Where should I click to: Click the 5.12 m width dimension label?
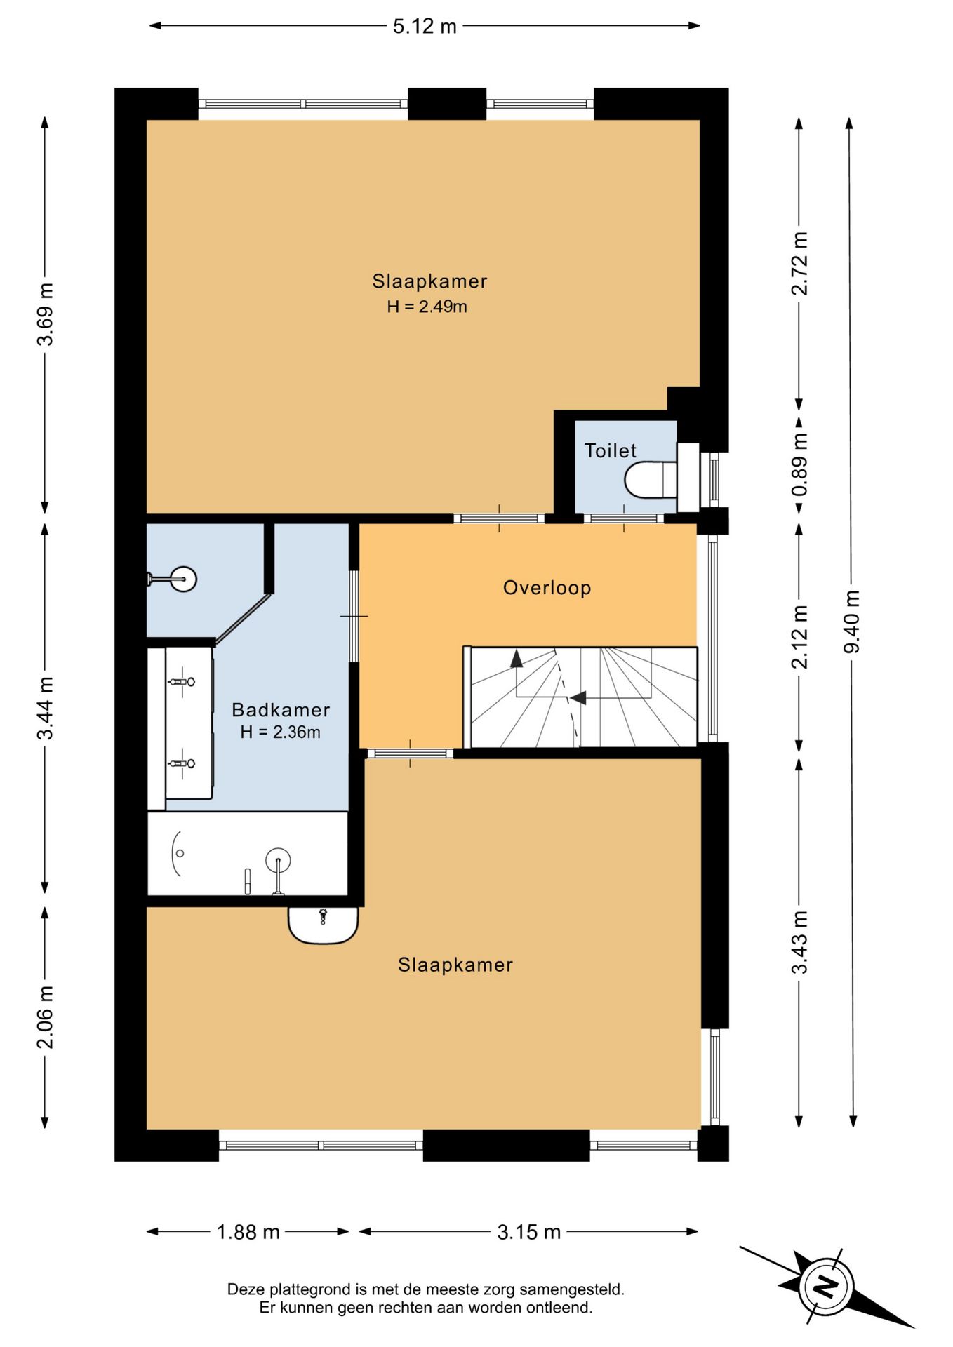[x=425, y=27]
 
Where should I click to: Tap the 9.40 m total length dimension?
[x=851, y=622]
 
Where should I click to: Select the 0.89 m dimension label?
[x=800, y=464]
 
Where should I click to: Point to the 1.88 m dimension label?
[x=248, y=1232]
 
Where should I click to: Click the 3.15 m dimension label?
[x=529, y=1232]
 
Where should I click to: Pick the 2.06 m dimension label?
[x=46, y=1017]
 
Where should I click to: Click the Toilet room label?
[x=611, y=450]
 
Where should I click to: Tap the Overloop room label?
[x=547, y=588]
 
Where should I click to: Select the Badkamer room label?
[x=281, y=710]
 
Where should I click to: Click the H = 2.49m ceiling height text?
[x=427, y=307]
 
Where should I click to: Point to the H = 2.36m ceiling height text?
[x=281, y=732]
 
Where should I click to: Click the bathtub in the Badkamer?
[x=248, y=854]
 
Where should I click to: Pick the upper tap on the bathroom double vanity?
[x=181, y=681]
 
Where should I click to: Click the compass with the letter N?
[x=827, y=1287]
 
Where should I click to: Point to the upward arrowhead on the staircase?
[x=517, y=658]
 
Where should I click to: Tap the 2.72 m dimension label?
[x=800, y=264]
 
